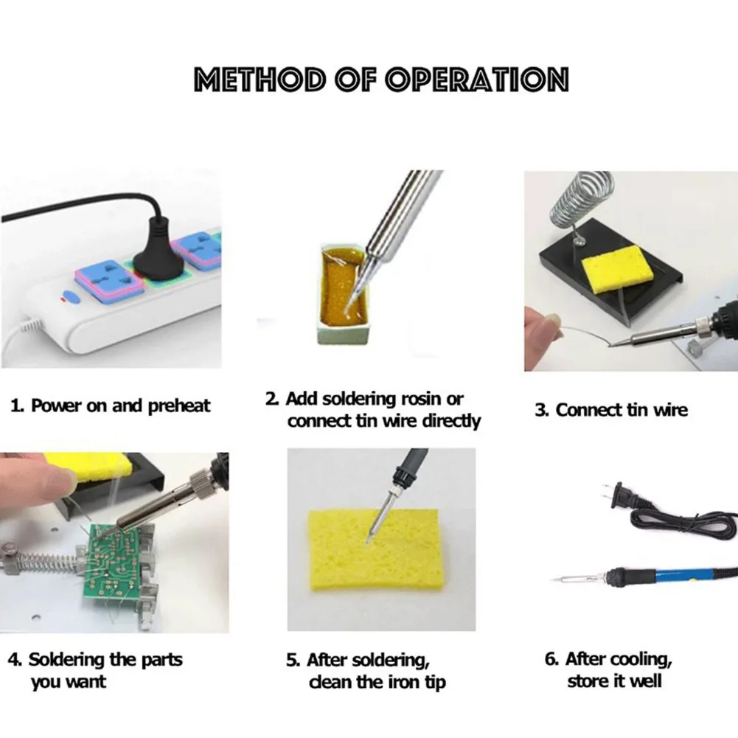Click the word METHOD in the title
260,79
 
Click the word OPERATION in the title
477,79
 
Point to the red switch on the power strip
69,296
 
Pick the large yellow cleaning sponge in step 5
375,549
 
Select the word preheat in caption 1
179,406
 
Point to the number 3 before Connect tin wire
542,411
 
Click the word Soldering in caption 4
66,659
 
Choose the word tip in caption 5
436,683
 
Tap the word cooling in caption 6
642,659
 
